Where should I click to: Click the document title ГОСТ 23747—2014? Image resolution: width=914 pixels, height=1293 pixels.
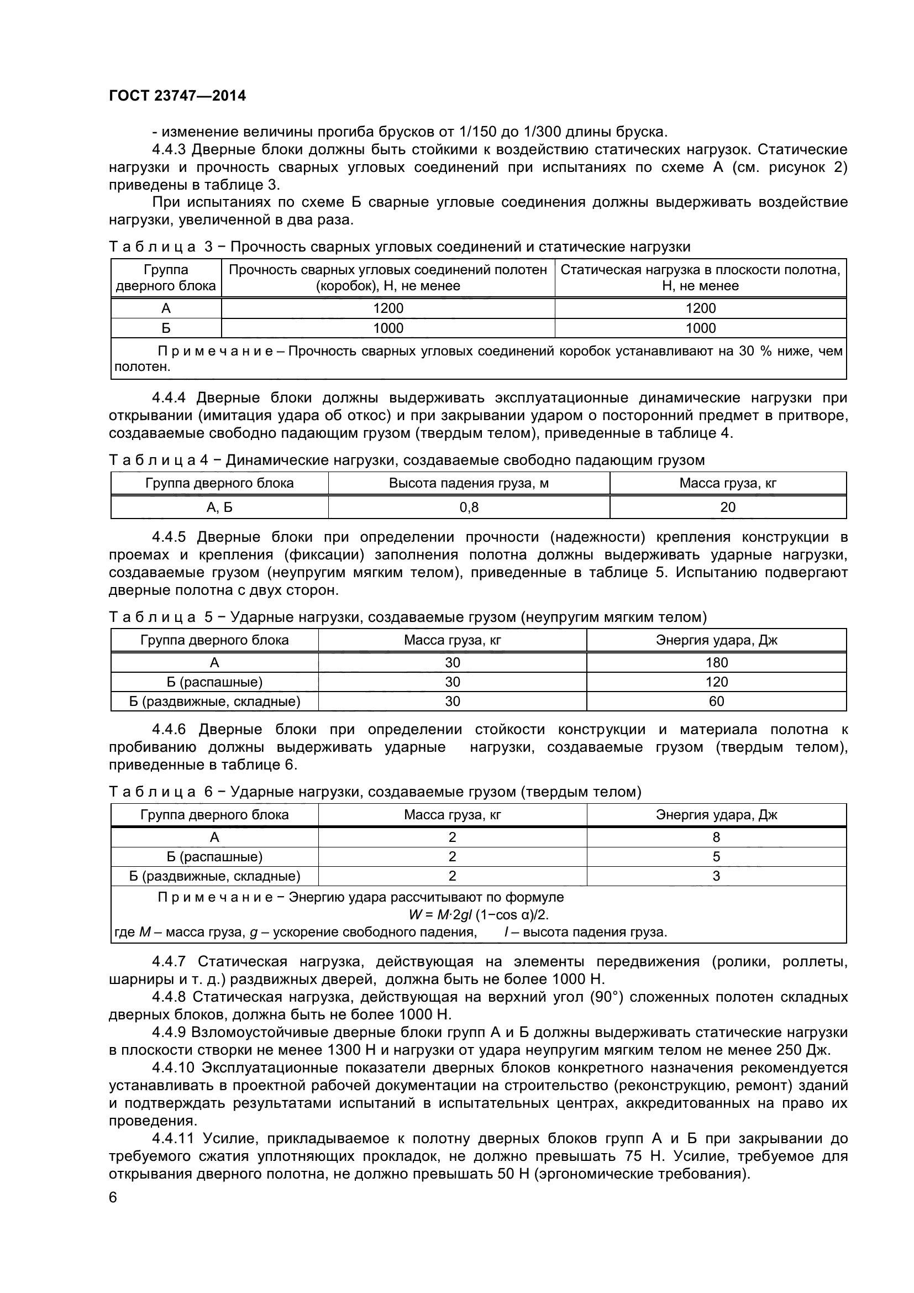(x=177, y=96)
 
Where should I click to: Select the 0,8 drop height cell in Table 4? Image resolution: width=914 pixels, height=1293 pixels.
(x=469, y=507)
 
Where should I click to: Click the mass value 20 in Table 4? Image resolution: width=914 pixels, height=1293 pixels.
(x=728, y=507)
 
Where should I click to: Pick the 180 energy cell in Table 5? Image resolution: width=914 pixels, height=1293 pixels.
(x=717, y=663)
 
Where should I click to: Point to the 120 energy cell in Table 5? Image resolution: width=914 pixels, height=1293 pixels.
(x=717, y=683)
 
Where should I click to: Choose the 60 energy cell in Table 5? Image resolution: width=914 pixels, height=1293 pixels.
(x=717, y=702)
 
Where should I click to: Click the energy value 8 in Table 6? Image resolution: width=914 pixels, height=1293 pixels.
(x=717, y=837)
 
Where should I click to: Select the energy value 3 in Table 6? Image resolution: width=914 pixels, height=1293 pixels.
(x=717, y=876)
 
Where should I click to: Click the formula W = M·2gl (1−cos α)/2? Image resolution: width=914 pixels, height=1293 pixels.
(x=479, y=915)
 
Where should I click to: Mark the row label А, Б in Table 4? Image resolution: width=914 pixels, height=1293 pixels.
(x=219, y=507)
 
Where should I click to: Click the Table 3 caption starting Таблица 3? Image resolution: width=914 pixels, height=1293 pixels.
(x=400, y=247)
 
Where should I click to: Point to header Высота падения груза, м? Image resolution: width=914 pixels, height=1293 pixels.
(x=469, y=483)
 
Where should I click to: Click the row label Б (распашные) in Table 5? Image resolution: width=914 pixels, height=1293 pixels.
(x=214, y=683)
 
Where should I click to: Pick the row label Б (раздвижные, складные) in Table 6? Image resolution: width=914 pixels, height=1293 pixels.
(x=214, y=876)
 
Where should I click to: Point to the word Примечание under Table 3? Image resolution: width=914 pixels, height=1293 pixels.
(x=216, y=352)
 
